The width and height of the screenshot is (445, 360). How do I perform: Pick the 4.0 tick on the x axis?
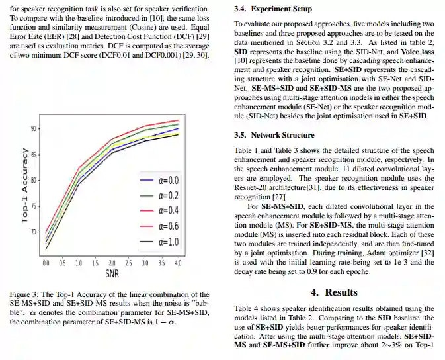pos(177,263)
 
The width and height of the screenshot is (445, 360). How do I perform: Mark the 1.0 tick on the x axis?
pos(79,263)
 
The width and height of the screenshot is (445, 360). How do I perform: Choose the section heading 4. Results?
pos(334,292)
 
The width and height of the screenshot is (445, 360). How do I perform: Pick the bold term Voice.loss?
pos(419,50)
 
